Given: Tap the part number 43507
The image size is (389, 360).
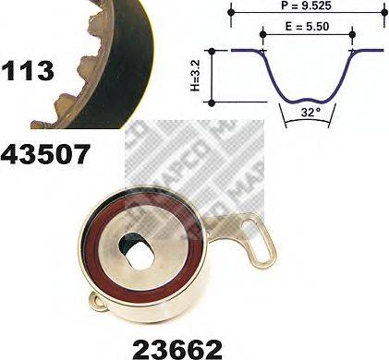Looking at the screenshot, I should pos(46,153).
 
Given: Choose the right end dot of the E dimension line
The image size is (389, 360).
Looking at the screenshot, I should pos(352,35).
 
